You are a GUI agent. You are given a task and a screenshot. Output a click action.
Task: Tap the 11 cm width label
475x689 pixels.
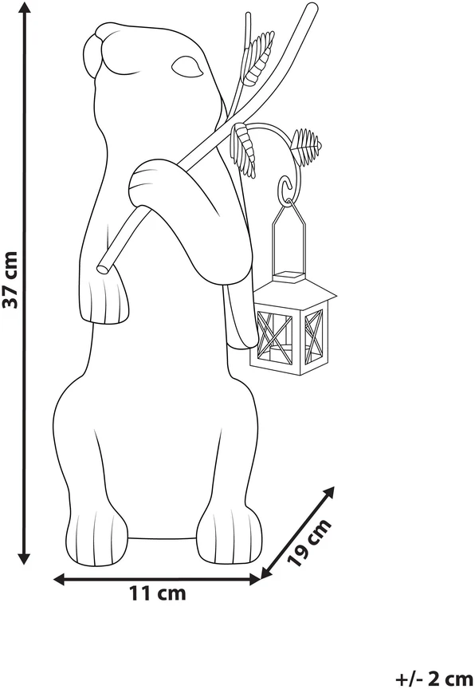click(157, 593)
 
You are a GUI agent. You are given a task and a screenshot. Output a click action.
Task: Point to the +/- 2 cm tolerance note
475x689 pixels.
click(434, 678)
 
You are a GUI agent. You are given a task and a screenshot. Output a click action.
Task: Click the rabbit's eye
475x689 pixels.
click(187, 66)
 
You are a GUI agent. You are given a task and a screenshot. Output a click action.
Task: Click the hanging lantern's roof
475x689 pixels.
click(296, 290)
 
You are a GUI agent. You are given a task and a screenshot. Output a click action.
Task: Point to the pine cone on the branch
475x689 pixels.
click(307, 147)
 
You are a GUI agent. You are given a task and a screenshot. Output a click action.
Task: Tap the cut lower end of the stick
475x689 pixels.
click(104, 267)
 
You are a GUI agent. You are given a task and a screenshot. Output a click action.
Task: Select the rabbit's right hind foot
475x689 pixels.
click(229, 535)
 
